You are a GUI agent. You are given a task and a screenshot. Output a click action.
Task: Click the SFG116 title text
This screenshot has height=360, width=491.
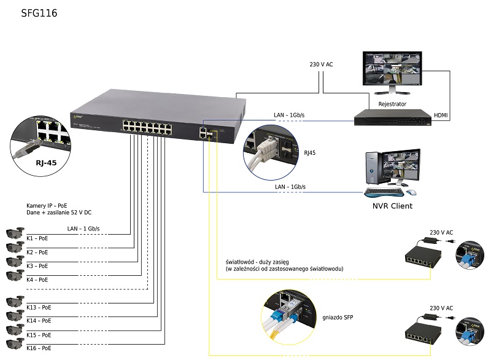[39, 12]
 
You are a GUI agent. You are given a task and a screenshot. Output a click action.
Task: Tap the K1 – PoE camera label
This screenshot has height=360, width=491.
[37, 238]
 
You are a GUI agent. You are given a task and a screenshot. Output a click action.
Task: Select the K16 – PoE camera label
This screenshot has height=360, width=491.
[39, 348]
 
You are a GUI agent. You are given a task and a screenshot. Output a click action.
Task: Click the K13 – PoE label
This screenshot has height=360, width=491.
[39, 307]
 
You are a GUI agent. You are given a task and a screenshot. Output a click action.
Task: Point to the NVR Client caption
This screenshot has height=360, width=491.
[393, 206]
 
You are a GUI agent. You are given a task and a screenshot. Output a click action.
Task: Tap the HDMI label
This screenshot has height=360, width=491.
[441, 115]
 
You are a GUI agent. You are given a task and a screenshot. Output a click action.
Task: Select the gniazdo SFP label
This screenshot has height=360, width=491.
[337, 318]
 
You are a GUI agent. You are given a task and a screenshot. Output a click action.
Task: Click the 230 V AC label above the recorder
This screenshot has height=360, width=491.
[322, 65]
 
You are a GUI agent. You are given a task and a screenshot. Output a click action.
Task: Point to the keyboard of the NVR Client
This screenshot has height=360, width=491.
[387, 192]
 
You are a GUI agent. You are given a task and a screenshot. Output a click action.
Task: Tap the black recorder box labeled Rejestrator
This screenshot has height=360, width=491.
[391, 117]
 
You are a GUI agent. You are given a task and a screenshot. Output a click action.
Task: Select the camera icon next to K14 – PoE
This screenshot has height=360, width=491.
[14, 316]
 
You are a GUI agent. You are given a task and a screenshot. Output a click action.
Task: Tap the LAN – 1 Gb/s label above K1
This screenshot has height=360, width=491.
[83, 229]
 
